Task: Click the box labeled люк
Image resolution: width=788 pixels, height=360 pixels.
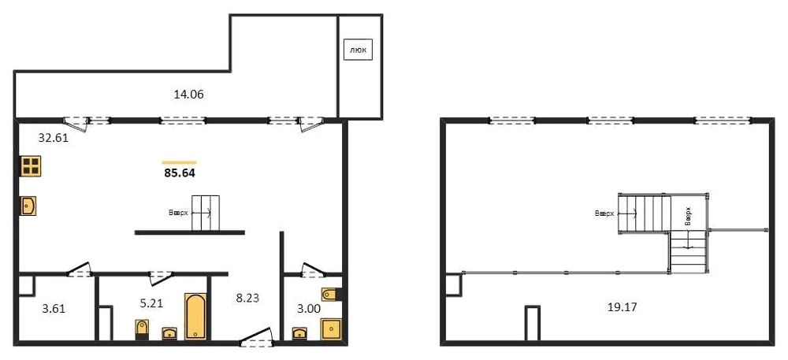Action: point(359,50)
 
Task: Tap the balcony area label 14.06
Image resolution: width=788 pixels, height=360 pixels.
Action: point(188,94)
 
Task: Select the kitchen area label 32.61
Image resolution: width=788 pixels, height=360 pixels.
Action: point(54,138)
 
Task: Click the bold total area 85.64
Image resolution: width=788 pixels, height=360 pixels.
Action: point(180,174)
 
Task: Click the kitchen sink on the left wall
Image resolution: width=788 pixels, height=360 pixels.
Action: point(28,206)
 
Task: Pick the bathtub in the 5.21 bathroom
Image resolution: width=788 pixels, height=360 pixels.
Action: point(195,317)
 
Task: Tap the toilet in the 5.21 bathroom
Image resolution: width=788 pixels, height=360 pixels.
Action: point(142,329)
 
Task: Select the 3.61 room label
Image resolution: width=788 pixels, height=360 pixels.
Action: point(54,309)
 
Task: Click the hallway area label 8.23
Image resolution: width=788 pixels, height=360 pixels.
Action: point(247,298)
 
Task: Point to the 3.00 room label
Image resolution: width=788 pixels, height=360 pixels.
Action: point(308,309)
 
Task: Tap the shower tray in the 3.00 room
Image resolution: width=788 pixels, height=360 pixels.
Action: point(331,329)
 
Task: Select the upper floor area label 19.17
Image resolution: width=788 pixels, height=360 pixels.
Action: point(623,306)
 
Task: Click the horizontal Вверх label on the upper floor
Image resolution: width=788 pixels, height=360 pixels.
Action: point(604,213)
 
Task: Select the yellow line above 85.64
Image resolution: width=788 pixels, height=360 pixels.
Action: point(180,162)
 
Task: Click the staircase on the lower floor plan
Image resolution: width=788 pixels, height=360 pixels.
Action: point(206,213)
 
